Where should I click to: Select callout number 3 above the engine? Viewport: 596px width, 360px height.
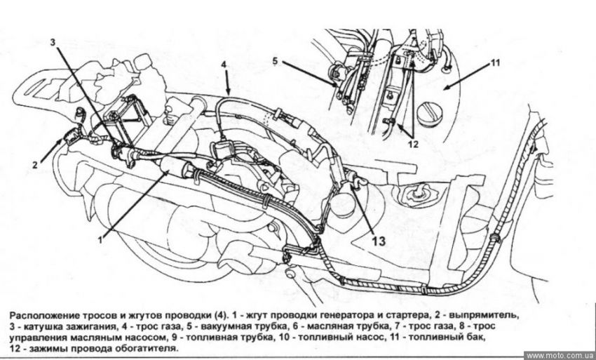pyautogui.click(x=53, y=42)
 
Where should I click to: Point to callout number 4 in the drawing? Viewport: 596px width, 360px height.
pyautogui.click(x=223, y=65)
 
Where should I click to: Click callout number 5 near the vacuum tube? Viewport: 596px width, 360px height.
pyautogui.click(x=276, y=60)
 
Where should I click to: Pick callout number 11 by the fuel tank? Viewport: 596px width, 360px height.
pyautogui.click(x=495, y=62)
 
